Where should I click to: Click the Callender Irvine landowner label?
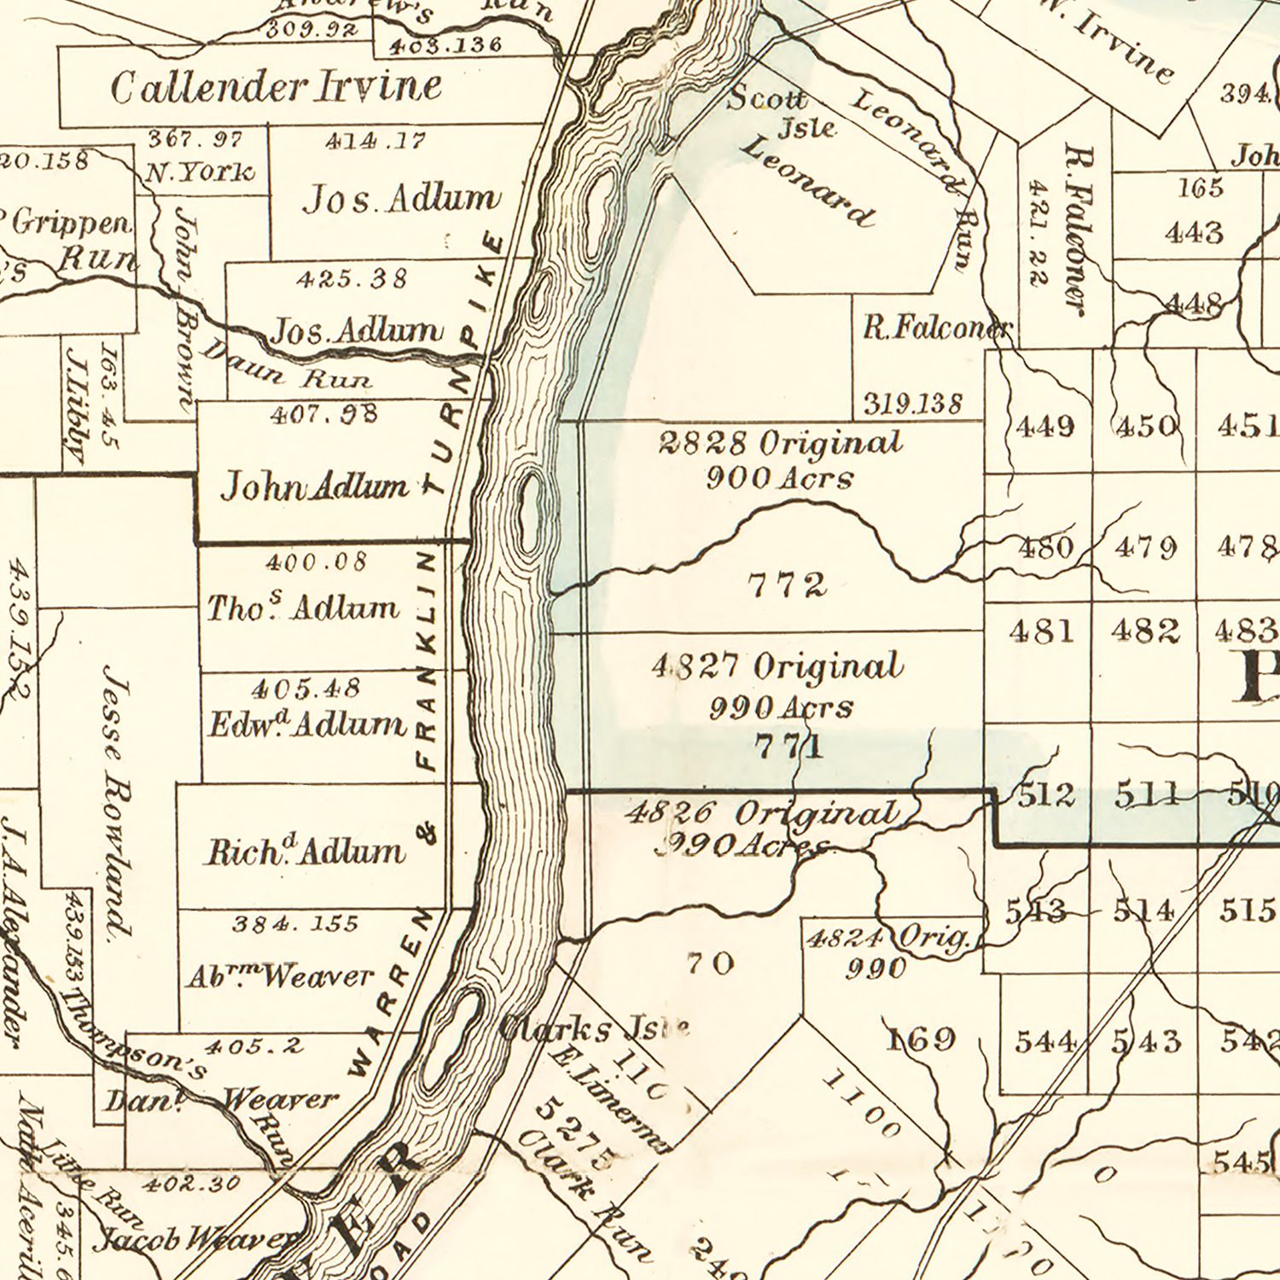click(x=276, y=87)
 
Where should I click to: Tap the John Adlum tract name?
click(x=315, y=487)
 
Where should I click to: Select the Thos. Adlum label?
click(x=303, y=607)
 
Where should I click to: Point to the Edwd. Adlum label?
click(x=307, y=724)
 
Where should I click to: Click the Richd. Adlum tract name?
click(x=305, y=851)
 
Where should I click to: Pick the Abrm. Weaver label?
click(x=280, y=976)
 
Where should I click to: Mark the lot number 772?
click(x=787, y=585)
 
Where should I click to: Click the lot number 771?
click(x=789, y=747)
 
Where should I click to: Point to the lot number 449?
click(x=1045, y=426)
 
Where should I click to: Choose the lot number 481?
click(x=1041, y=631)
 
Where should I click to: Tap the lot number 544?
click(x=1045, y=1042)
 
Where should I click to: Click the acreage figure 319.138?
click(x=913, y=403)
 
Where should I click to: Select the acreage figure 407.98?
click(x=323, y=416)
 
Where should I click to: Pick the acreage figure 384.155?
click(x=295, y=923)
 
